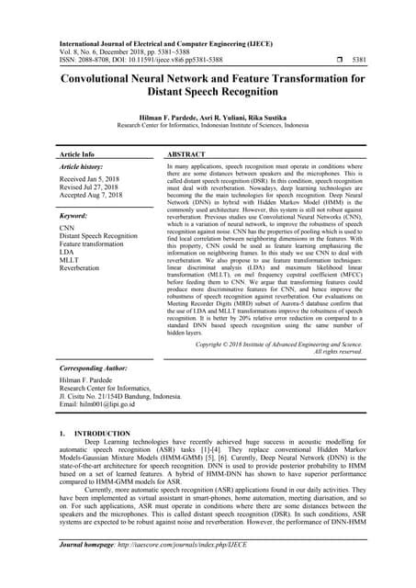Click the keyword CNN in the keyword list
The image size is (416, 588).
[67, 226]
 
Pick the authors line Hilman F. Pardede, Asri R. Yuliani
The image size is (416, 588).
[208, 118]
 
